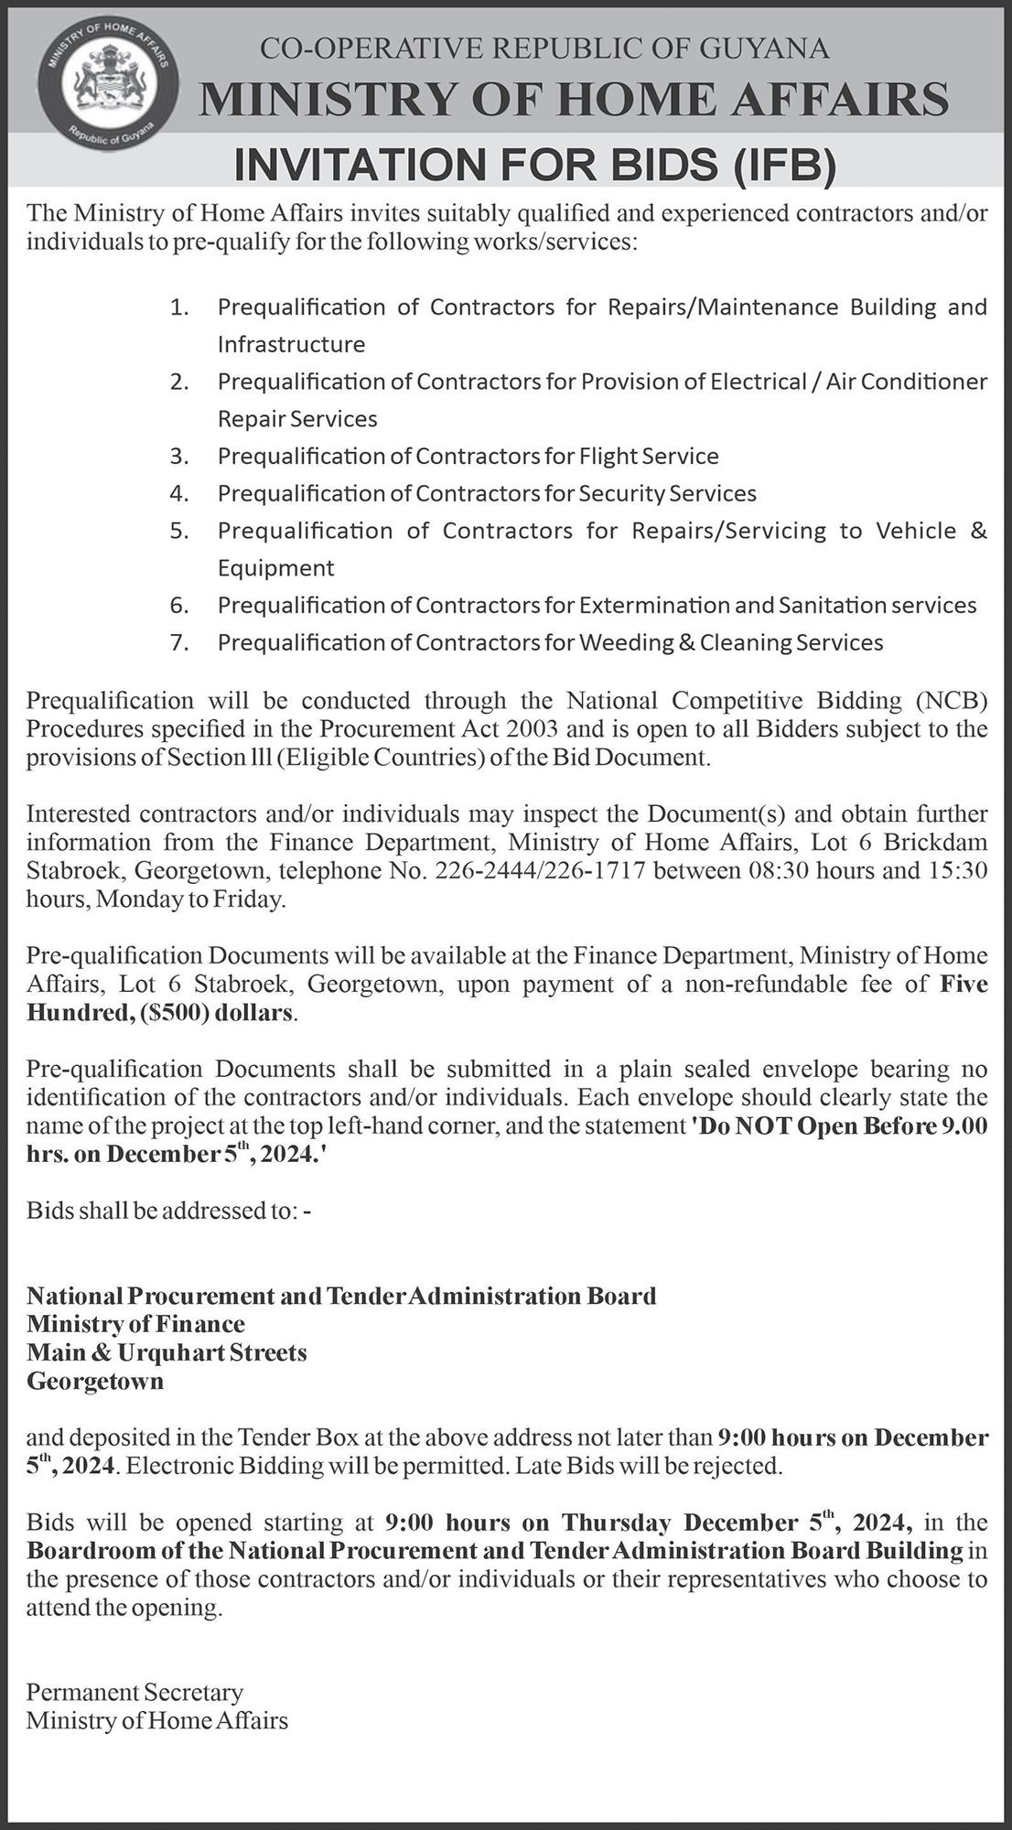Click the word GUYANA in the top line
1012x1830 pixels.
point(765,48)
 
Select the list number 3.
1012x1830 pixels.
point(178,456)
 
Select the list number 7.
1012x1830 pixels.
point(178,642)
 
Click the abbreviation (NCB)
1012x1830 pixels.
point(952,701)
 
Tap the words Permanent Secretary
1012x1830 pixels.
point(135,1692)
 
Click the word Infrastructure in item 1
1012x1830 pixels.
point(291,344)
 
